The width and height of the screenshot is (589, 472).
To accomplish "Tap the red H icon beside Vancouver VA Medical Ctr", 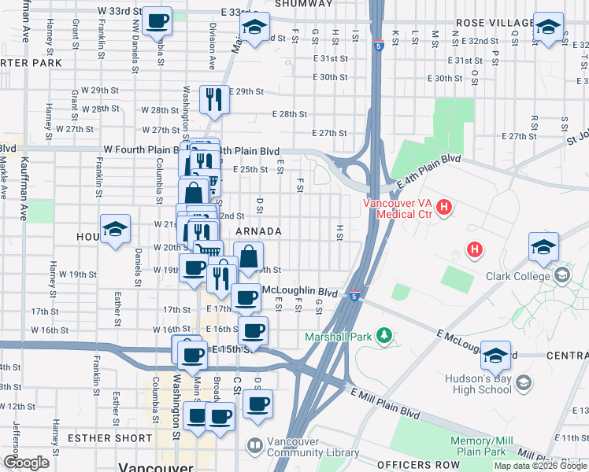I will [444, 208].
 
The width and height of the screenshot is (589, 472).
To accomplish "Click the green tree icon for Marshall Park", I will [383, 336].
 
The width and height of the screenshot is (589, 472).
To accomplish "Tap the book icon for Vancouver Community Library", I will [255, 446].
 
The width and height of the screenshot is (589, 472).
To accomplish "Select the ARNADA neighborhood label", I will [258, 231].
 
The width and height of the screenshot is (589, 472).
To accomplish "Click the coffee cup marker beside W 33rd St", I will [157, 20].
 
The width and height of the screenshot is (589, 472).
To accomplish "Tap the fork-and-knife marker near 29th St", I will [213, 98].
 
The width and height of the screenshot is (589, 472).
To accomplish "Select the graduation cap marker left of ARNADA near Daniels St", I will [115, 229].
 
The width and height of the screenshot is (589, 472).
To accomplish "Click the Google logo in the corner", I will [27, 463].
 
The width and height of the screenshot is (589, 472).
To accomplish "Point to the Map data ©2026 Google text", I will [539, 466].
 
